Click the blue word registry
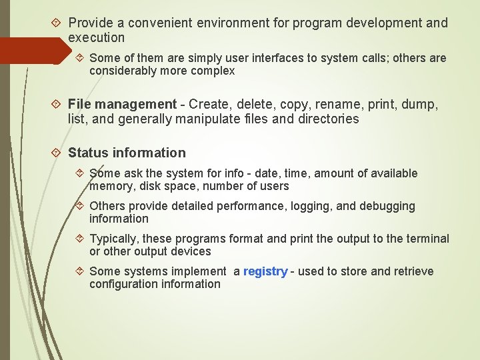265,271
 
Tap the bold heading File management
122,104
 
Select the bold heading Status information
127,153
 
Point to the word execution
96,37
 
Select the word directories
327,119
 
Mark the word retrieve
410,271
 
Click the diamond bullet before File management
57,104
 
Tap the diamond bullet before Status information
57,153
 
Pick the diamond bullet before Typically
78,239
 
